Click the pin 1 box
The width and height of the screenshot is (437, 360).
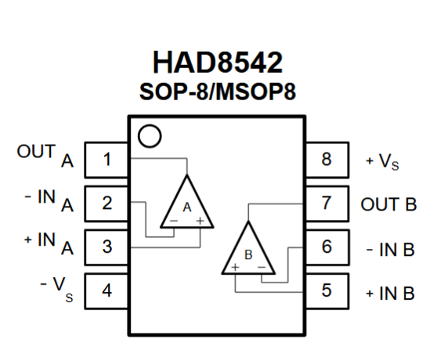(107, 160)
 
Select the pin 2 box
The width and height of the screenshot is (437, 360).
(107, 203)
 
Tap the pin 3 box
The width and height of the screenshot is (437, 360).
(107, 247)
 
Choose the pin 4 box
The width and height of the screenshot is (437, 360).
(107, 291)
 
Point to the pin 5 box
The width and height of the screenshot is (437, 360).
(327, 291)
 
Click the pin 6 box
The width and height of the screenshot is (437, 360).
(327, 247)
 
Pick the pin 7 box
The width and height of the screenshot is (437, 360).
(327, 203)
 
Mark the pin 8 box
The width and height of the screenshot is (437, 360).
(327, 160)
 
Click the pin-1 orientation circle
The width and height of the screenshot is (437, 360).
(150, 125)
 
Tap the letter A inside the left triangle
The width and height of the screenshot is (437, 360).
(187, 207)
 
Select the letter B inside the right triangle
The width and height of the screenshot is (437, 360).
(248, 255)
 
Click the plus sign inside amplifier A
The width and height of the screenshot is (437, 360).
(200, 221)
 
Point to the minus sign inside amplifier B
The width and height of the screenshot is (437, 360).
(262, 268)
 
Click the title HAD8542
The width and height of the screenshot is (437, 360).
(218, 63)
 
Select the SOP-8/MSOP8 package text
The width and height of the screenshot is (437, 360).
(218, 92)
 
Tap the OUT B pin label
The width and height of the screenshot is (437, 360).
(388, 204)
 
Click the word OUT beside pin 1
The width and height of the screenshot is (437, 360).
(36, 152)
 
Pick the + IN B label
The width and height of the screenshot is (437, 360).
(390, 293)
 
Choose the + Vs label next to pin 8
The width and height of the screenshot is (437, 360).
(382, 161)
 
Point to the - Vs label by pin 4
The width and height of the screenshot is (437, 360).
(56, 289)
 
